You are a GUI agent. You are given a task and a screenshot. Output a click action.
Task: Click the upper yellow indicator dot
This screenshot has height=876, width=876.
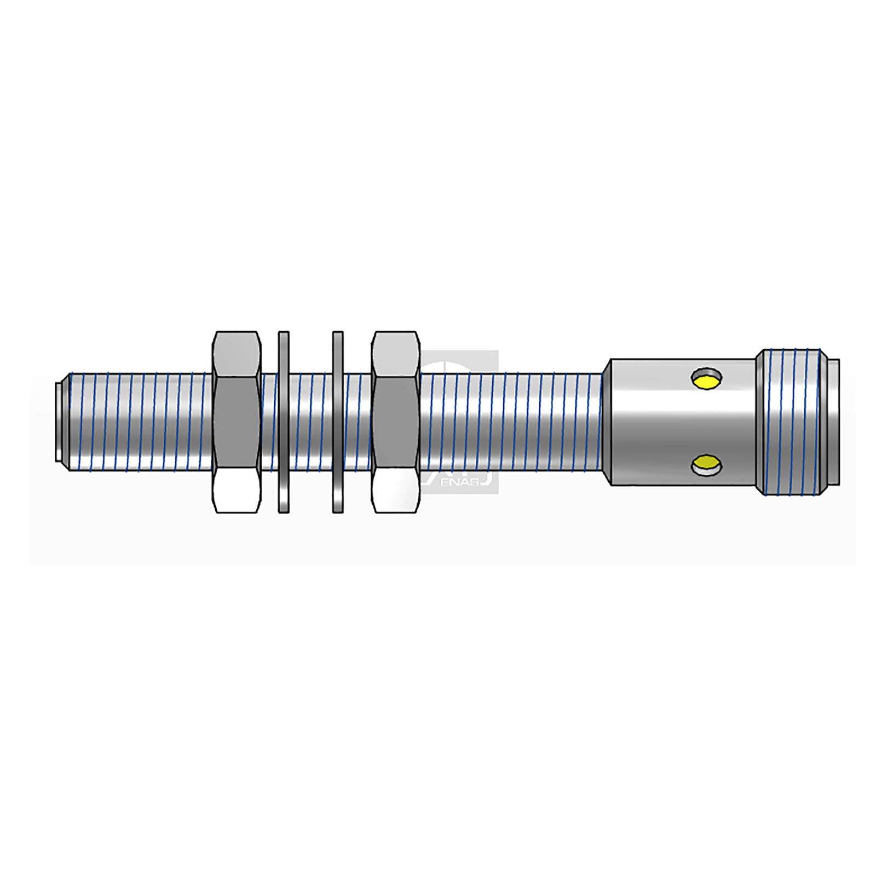[706, 379]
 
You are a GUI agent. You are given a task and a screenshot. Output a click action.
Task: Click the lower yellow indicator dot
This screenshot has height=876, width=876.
[706, 465]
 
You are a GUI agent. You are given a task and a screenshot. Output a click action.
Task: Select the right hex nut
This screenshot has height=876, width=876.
[395, 422]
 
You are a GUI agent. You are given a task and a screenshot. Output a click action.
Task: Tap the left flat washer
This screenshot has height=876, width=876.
[283, 422]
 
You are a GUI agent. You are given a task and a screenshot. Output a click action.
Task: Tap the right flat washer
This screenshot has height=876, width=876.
[338, 422]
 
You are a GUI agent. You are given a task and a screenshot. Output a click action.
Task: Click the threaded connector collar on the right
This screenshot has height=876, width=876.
[788, 422]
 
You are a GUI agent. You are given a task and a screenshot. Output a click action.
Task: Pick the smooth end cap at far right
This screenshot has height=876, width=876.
[833, 422]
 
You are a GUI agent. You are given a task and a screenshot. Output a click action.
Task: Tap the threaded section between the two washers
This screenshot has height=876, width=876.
[310, 422]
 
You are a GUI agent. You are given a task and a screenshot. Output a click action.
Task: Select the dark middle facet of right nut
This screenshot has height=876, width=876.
[395, 422]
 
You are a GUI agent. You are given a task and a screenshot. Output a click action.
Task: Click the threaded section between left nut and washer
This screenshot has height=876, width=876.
[269, 422]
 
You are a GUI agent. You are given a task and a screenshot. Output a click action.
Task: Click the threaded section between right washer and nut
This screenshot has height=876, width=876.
[357, 422]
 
